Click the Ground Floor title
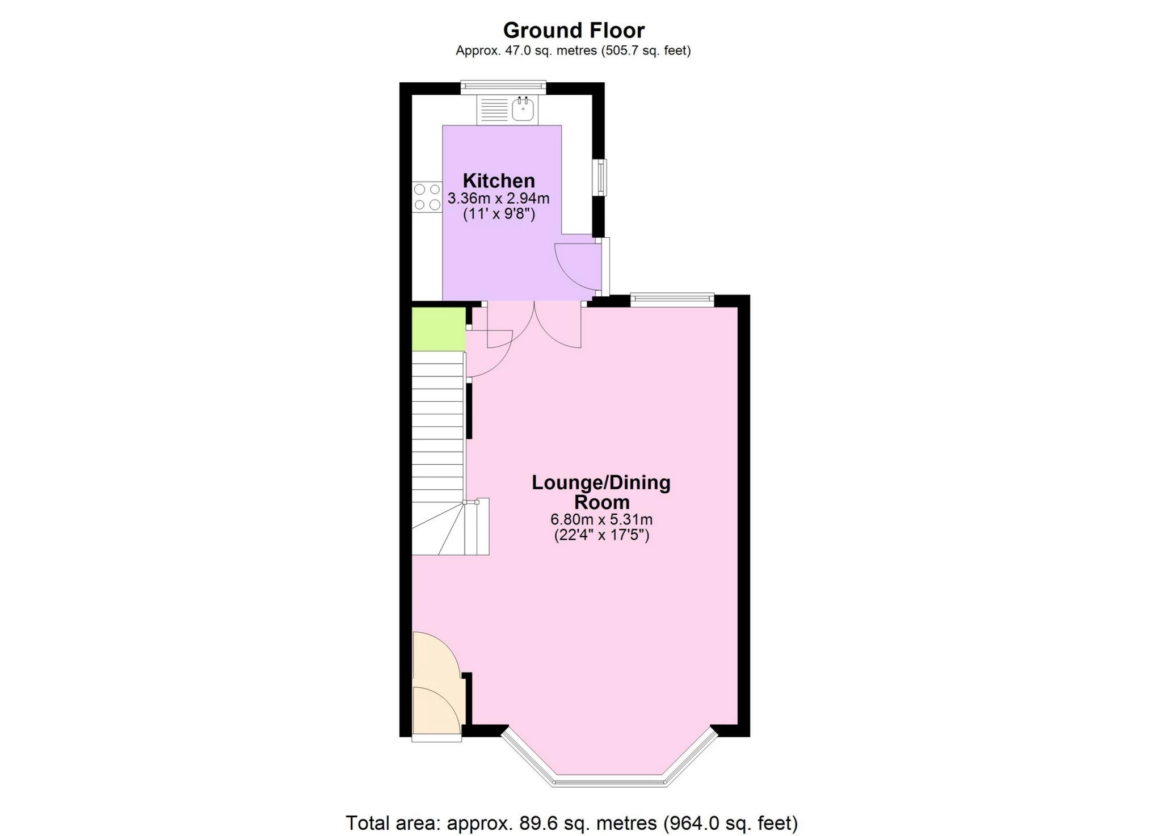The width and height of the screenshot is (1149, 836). [x=574, y=30]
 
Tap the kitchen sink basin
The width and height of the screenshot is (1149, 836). [x=523, y=110]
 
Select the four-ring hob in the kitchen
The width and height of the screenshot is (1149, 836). [x=427, y=197]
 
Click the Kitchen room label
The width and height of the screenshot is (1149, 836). [x=499, y=180]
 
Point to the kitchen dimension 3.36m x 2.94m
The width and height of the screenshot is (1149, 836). [x=499, y=199]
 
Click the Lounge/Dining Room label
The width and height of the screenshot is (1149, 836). [x=601, y=492]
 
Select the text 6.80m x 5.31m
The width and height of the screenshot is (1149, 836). [x=601, y=519]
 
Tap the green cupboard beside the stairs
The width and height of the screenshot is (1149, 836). [x=439, y=329]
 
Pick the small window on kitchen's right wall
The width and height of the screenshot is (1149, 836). [x=600, y=177]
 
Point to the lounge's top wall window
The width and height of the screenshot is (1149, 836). [x=672, y=300]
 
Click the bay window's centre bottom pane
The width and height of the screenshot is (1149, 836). [x=608, y=781]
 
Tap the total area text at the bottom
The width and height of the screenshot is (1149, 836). [x=572, y=822]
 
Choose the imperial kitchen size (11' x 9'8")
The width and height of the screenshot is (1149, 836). [x=499, y=215]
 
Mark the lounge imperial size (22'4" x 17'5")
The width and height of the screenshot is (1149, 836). [x=601, y=535]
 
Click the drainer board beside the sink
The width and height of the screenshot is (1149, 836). [x=494, y=110]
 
